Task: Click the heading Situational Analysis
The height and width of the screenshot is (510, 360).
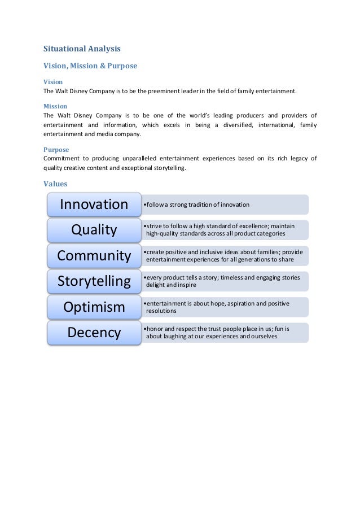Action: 82,49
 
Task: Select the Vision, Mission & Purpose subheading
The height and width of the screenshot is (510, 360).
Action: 90,66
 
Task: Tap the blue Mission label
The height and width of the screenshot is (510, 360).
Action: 55,106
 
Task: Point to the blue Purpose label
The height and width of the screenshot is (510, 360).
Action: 56,150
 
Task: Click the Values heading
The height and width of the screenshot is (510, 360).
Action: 55,184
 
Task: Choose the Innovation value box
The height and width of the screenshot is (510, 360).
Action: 94,204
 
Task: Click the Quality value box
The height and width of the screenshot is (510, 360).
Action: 94,230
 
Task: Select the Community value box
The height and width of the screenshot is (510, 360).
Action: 94,256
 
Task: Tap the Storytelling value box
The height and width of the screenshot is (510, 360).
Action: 94,281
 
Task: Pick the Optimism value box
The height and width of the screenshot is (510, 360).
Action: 94,307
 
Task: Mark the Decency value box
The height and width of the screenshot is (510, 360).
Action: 94,333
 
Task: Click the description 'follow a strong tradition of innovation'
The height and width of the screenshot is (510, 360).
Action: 197,204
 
